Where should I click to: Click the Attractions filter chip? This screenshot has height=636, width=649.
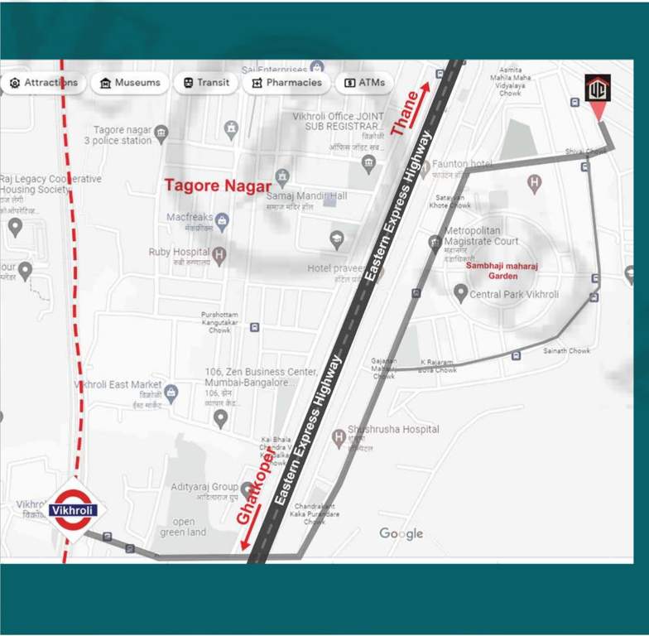(x=44, y=83)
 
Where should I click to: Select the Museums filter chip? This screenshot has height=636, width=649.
(x=130, y=83)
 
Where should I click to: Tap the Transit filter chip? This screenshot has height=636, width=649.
(x=206, y=83)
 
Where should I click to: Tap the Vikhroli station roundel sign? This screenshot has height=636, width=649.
(x=74, y=510)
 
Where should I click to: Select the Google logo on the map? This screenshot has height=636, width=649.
(x=401, y=533)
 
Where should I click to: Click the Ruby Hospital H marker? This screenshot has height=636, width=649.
(x=219, y=255)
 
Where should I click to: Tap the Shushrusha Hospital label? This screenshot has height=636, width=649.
(x=393, y=429)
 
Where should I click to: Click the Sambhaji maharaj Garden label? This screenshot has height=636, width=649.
(x=492, y=271)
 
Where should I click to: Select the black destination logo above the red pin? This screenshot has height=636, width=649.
(x=597, y=88)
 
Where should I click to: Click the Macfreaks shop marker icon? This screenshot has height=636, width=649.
(x=222, y=219)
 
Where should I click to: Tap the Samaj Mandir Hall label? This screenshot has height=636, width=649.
(x=306, y=195)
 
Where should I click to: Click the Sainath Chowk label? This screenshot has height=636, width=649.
(x=566, y=351)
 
